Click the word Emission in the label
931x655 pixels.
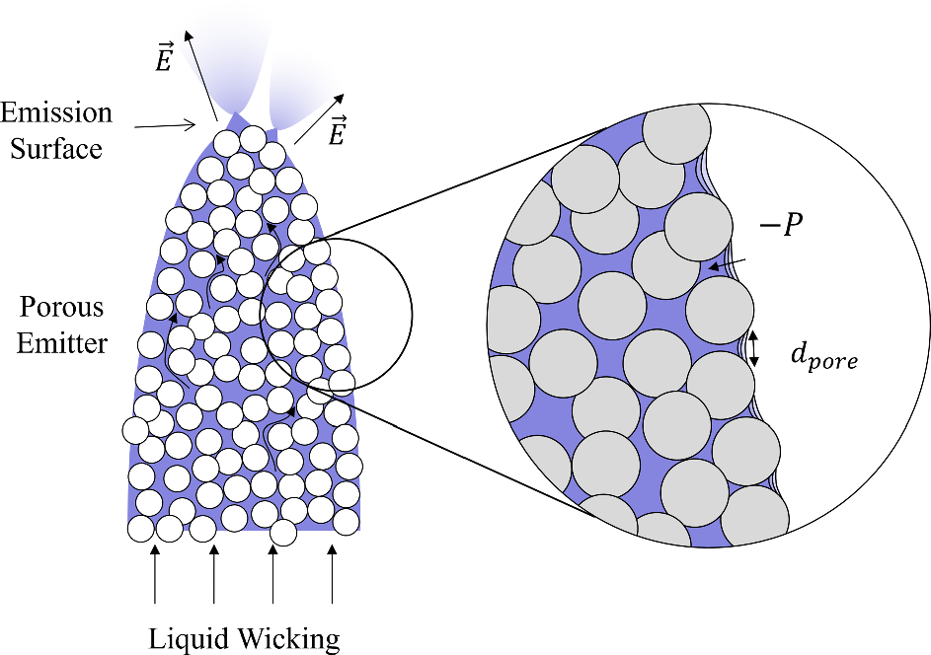(56, 111)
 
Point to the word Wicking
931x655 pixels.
(290, 638)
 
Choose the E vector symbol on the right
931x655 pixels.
(338, 134)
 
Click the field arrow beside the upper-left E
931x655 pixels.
(199, 74)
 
